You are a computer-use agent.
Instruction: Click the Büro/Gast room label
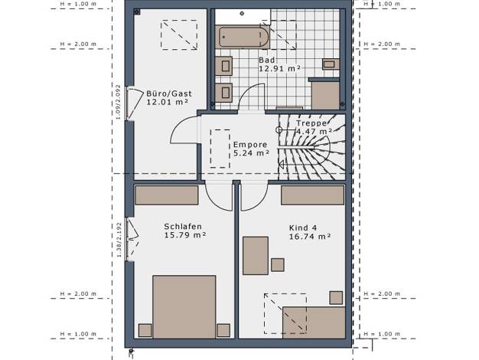click(x=169, y=93)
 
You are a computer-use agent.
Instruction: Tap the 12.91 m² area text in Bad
click(x=279, y=68)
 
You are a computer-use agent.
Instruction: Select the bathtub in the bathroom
click(x=243, y=37)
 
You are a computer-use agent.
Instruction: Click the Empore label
click(x=250, y=144)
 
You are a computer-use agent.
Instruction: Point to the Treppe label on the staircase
click(x=311, y=123)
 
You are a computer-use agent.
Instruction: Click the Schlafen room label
click(x=183, y=227)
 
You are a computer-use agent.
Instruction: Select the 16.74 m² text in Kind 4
click(x=310, y=237)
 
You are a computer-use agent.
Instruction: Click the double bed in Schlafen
click(x=184, y=306)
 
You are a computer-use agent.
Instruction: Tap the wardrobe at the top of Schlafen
click(x=167, y=195)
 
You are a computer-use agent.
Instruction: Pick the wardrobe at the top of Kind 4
click(x=312, y=195)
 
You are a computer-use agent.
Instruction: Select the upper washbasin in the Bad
click(x=224, y=66)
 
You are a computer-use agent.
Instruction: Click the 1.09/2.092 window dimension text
click(x=119, y=102)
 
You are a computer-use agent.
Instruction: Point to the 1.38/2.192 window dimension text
click(x=119, y=240)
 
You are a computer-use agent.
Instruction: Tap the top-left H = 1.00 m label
click(x=78, y=4)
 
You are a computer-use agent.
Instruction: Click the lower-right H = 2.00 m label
click(x=382, y=293)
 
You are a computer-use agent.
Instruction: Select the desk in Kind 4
click(x=256, y=255)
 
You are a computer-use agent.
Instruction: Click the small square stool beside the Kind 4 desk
click(x=278, y=265)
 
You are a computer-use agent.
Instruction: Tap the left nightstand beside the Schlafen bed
click(x=145, y=330)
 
